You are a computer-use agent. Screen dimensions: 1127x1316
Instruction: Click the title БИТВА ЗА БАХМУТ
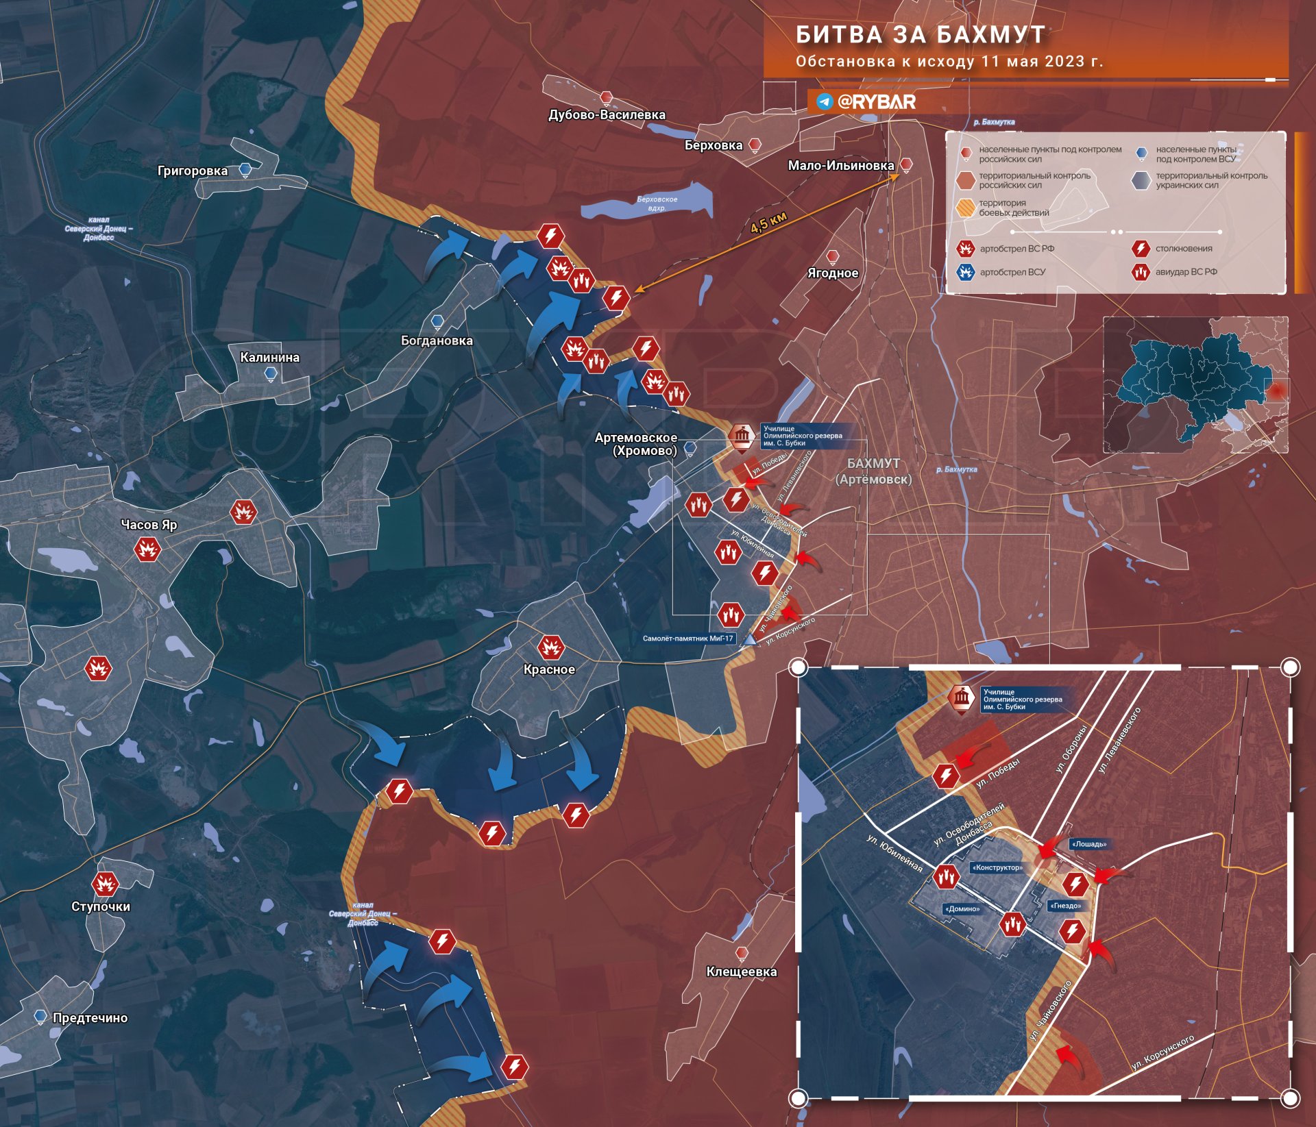921,34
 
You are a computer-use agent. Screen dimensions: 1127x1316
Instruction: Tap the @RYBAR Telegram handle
876,102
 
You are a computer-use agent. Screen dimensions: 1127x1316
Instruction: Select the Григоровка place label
193,171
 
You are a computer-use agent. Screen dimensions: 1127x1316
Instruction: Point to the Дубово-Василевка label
607,115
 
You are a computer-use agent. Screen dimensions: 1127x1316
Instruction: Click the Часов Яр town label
149,525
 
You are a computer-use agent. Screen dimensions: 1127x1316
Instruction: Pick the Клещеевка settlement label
742,971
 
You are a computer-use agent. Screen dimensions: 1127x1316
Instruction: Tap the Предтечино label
90,1018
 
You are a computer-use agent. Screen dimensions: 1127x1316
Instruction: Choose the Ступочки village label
101,906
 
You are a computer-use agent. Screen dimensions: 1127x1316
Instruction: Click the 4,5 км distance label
768,222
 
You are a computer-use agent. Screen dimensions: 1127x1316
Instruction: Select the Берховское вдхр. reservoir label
657,203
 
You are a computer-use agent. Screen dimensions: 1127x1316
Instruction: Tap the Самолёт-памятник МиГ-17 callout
687,639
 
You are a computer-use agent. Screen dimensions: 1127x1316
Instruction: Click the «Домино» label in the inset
962,909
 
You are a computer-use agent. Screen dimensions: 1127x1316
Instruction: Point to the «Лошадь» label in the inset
1089,844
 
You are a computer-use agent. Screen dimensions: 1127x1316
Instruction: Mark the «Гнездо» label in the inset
1065,906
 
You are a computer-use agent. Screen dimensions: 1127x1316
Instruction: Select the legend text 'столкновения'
1184,249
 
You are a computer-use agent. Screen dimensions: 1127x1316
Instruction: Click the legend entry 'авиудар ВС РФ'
1186,272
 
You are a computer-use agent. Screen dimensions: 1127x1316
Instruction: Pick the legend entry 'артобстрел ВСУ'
1012,272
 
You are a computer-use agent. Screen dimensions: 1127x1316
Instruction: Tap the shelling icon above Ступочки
105,884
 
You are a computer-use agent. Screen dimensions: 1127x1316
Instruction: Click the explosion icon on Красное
550,647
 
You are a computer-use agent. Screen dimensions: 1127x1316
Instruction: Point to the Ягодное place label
832,273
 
